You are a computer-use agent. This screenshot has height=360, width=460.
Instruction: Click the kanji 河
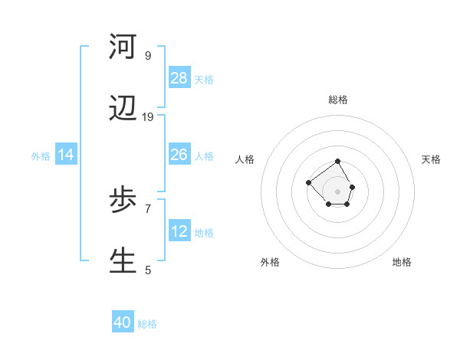pyautogui.click(x=123, y=47)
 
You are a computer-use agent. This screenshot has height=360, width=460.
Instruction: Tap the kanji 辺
pyautogui.click(x=123, y=109)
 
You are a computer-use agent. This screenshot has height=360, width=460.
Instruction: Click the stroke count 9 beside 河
pyautogui.click(x=148, y=55)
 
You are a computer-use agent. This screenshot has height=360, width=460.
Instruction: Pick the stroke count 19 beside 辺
pyautogui.click(x=148, y=116)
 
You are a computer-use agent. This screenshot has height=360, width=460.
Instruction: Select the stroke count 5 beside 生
pyautogui.click(x=148, y=270)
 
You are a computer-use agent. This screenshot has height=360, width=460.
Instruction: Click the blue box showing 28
pyautogui.click(x=179, y=78)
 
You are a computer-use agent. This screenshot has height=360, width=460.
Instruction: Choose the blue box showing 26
pyautogui.click(x=179, y=155)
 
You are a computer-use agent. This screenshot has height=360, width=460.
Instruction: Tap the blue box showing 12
pyautogui.click(x=179, y=231)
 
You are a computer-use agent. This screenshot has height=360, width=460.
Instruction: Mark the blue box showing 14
pyautogui.click(x=66, y=155)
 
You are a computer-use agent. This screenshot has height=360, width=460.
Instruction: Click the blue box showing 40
pyautogui.click(x=123, y=322)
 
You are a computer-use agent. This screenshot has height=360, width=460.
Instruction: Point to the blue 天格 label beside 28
pyautogui.click(x=204, y=80)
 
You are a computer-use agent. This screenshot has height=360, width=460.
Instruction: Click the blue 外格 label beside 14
pyautogui.click(x=41, y=156)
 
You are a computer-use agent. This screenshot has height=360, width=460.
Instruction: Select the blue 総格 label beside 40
pyautogui.click(x=147, y=324)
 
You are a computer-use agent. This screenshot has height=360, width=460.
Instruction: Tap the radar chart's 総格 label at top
pyautogui.click(x=338, y=100)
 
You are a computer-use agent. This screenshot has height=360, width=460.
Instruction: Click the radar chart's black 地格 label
pyautogui.click(x=402, y=262)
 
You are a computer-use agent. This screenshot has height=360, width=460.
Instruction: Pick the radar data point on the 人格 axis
pyautogui.click(x=308, y=182)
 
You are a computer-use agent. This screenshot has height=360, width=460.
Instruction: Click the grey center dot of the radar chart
pyautogui.click(x=338, y=191)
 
